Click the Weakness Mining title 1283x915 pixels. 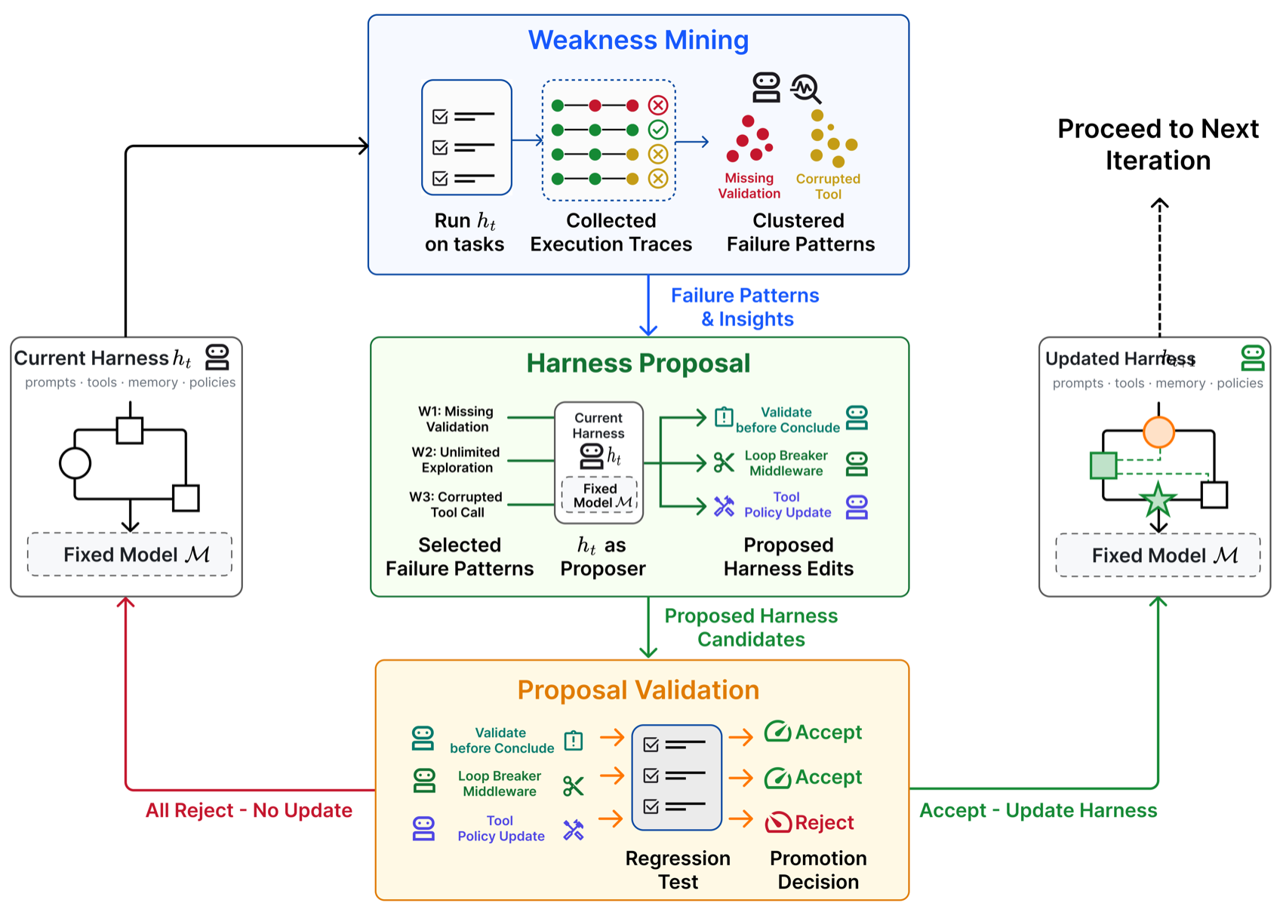[x=638, y=40]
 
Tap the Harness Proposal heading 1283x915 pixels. [x=638, y=363]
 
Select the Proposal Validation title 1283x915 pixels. [x=638, y=690]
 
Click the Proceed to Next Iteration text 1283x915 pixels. [x=1158, y=144]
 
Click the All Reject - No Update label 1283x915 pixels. [x=248, y=810]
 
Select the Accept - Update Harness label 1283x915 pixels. [x=1038, y=810]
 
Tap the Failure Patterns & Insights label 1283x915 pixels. [x=745, y=307]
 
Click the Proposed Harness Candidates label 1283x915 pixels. [x=751, y=627]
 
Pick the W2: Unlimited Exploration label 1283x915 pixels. [x=457, y=460]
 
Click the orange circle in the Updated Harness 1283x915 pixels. [x=1158, y=431]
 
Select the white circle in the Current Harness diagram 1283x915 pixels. [x=75, y=462]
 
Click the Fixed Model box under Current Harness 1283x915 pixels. [x=130, y=554]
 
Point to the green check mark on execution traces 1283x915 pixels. [x=657, y=130]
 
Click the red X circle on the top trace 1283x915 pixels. [x=657, y=106]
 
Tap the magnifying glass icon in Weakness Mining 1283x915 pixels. [x=806, y=89]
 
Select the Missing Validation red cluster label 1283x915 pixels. [x=749, y=186]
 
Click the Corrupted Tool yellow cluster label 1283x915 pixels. [x=828, y=186]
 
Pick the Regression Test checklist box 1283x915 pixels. [x=676, y=777]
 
